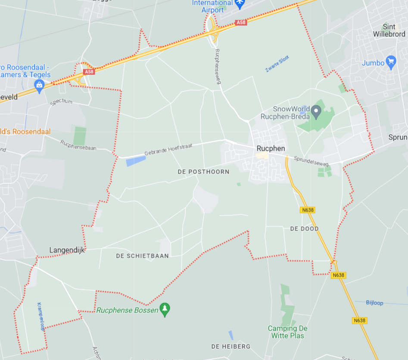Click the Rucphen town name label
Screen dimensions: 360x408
pyautogui.click(x=271, y=148)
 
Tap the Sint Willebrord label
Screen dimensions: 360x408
pyautogui.click(x=389, y=30)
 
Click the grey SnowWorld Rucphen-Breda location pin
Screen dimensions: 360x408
pyautogui.click(x=316, y=113)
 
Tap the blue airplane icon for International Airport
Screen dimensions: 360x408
pyautogui.click(x=240, y=3)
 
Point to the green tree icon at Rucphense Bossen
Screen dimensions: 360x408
pyautogui.click(x=165, y=309)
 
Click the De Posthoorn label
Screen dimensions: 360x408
pyautogui.click(x=203, y=172)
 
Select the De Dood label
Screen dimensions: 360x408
pyautogui.click(x=304, y=229)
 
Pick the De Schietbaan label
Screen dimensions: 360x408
pyautogui.click(x=142, y=256)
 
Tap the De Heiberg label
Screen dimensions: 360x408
pyautogui.click(x=230, y=346)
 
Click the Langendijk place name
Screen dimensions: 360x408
pyautogui.click(x=68, y=250)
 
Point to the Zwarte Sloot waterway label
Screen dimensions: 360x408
pyautogui.click(x=277, y=64)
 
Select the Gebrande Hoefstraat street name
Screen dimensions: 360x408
pyautogui.click(x=168, y=150)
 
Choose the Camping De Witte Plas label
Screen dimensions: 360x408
pyautogui.click(x=287, y=332)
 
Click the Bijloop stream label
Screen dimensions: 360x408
pyautogui.click(x=374, y=303)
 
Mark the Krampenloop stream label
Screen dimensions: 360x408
pyautogui.click(x=41, y=316)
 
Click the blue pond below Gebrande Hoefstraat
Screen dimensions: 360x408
pyautogui.click(x=136, y=161)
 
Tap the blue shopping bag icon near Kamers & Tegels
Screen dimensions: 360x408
pyautogui.click(x=39, y=85)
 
